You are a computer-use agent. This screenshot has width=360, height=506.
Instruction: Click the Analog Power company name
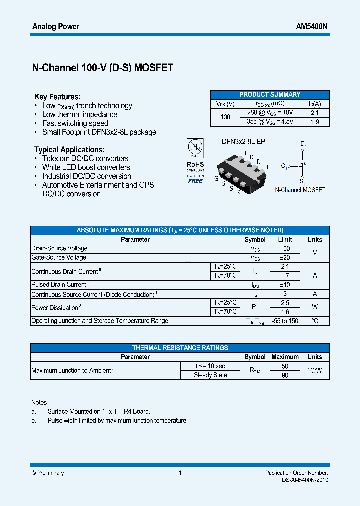coord(56,26)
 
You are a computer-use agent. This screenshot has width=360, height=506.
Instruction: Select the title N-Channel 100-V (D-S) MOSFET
coord(102,68)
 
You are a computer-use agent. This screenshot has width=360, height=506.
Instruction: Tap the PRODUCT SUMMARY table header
coord(270,94)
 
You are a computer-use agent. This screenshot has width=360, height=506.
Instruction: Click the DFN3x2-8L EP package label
coord(243,142)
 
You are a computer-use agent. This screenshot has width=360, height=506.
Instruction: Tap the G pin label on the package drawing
coord(216,178)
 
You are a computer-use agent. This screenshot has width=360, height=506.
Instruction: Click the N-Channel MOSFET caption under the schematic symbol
coord(300,190)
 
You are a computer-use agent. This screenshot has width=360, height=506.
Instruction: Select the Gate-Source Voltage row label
coord(59,257)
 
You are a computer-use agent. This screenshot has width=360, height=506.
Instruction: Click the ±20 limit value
coord(285,257)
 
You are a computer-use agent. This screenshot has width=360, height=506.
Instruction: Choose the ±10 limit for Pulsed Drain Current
coord(285,284)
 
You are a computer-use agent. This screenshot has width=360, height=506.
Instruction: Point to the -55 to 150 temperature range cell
coord(285,321)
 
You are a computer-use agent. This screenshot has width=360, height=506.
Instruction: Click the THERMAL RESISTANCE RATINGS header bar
coord(180,348)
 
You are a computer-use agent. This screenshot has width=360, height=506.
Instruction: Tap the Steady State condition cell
coord(210,375)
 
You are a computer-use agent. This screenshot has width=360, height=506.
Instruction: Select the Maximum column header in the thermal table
coord(285,357)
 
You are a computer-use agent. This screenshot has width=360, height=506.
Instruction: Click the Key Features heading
coord(57,97)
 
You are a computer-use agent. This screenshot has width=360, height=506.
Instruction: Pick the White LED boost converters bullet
coord(86,167)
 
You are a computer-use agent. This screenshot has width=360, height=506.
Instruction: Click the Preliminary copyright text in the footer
coord(48,473)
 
